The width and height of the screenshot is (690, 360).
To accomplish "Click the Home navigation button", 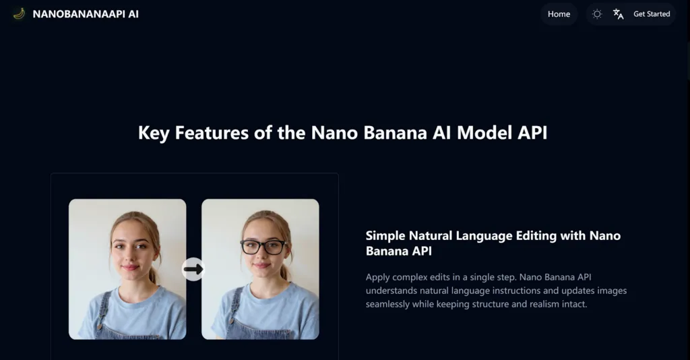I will (x=559, y=14).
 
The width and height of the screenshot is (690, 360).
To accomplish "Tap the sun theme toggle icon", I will (x=597, y=14).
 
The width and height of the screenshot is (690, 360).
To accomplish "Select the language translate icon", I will (x=618, y=14).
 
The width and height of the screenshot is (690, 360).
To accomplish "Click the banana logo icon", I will (x=19, y=13).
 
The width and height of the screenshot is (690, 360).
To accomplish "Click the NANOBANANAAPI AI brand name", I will (x=86, y=14).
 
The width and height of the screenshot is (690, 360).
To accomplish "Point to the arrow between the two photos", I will (x=193, y=270).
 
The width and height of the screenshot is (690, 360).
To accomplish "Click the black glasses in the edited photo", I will (x=263, y=247).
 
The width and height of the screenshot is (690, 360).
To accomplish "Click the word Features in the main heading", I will (x=213, y=133).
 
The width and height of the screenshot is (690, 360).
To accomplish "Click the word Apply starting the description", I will (x=378, y=277).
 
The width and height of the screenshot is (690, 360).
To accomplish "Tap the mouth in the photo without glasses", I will (x=130, y=267).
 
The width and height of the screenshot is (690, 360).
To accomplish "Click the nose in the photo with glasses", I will (x=263, y=256).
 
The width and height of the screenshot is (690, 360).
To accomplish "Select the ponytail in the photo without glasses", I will (x=154, y=272).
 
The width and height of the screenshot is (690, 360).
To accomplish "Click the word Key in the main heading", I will (x=154, y=133).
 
